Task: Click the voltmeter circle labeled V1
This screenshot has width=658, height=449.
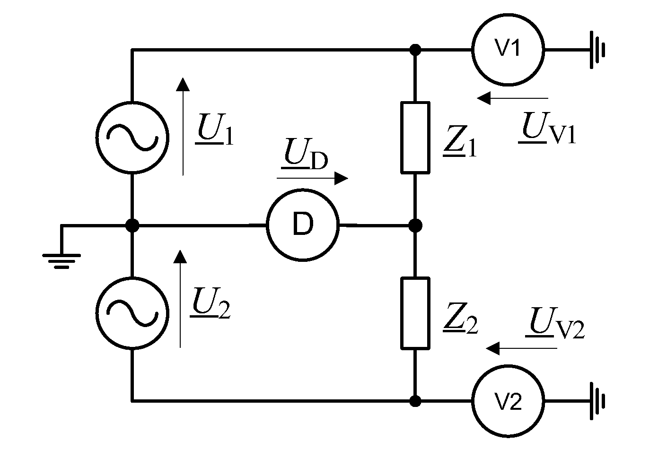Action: [x=508, y=49]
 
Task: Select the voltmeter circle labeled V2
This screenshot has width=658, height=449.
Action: [x=508, y=401]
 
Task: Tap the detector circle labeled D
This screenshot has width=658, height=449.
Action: [x=303, y=225]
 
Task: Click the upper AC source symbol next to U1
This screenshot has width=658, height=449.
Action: [x=132, y=138]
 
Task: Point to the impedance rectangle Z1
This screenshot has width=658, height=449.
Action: [x=415, y=137]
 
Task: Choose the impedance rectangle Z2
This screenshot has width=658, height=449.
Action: [x=415, y=313]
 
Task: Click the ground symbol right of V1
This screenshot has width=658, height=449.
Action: [x=597, y=49]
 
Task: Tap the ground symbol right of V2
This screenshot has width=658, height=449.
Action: [x=597, y=401]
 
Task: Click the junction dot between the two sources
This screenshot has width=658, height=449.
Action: [x=132, y=225]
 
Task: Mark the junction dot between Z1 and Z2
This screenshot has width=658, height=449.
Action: [x=415, y=225]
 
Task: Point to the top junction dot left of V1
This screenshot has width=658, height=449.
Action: [x=415, y=49]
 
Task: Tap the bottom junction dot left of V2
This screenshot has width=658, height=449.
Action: [x=415, y=401]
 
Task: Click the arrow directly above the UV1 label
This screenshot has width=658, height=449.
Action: [x=512, y=98]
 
